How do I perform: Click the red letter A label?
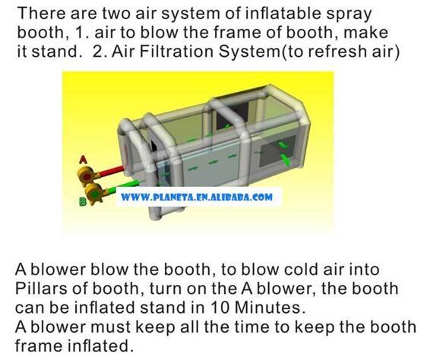(83, 159)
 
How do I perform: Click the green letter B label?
(83, 201)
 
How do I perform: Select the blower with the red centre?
(87, 175)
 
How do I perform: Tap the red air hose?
(112, 172)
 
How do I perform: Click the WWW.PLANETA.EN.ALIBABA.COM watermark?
(197, 197)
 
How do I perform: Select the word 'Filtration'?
(176, 52)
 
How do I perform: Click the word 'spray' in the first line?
(349, 15)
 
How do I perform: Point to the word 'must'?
(110, 327)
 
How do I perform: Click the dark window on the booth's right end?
(277, 151)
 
